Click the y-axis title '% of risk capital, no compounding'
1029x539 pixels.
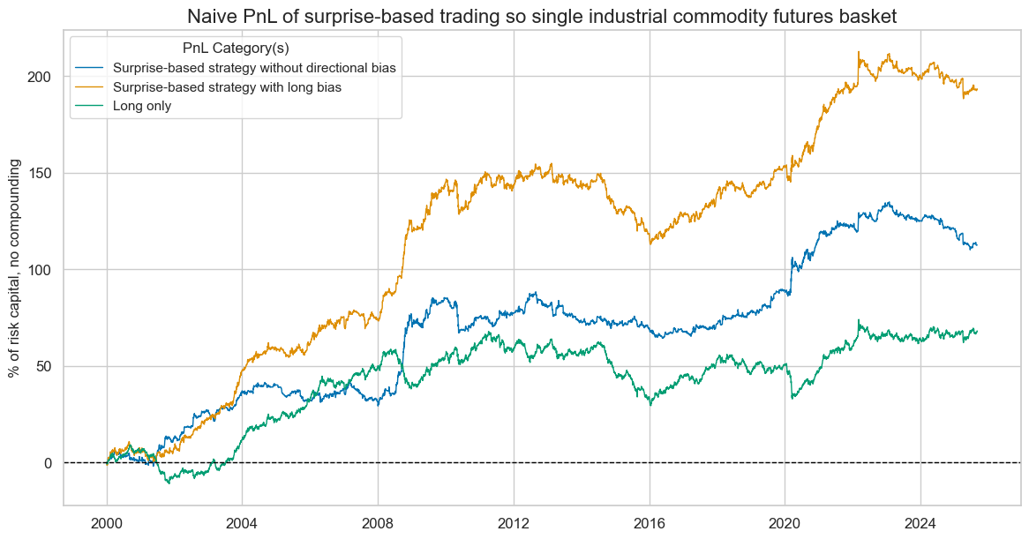(16, 268)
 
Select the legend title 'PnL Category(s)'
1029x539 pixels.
(236, 48)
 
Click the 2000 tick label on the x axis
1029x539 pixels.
(107, 520)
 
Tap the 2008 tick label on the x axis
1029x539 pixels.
(378, 520)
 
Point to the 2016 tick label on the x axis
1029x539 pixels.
(650, 520)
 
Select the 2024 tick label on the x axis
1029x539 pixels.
(920, 520)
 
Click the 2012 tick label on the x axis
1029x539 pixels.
(514, 520)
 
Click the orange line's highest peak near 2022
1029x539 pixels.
(859, 52)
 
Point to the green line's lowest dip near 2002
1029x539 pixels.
(167, 483)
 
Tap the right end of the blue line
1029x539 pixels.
(977, 244)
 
